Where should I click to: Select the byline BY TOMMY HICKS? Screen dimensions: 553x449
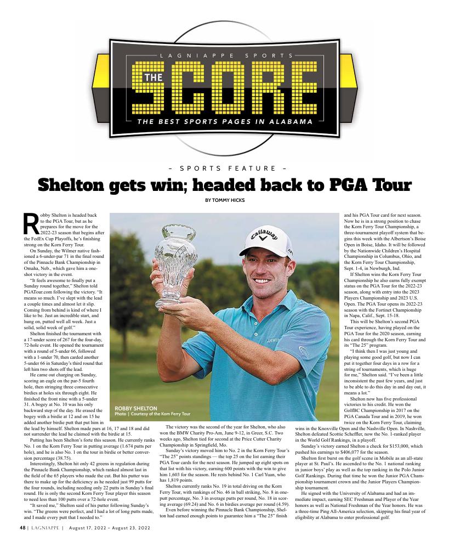pyautogui.click(x=224, y=200)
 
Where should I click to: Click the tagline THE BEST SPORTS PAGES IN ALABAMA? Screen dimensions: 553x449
pyautogui.click(x=225, y=121)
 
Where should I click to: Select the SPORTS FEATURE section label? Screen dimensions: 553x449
pyautogui.click(x=224, y=168)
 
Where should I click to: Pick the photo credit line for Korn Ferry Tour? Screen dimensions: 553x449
pyautogui.click(x=152, y=414)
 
